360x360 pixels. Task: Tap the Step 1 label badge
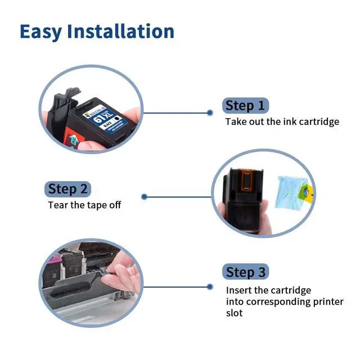coord(245,105)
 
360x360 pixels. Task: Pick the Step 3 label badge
coord(245,272)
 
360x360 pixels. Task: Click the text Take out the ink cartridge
coord(282,121)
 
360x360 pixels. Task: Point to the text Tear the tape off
coord(84,205)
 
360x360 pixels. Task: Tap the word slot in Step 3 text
coord(235,313)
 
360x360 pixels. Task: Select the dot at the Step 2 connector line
coord(144,197)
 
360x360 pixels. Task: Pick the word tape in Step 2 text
coord(96,205)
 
